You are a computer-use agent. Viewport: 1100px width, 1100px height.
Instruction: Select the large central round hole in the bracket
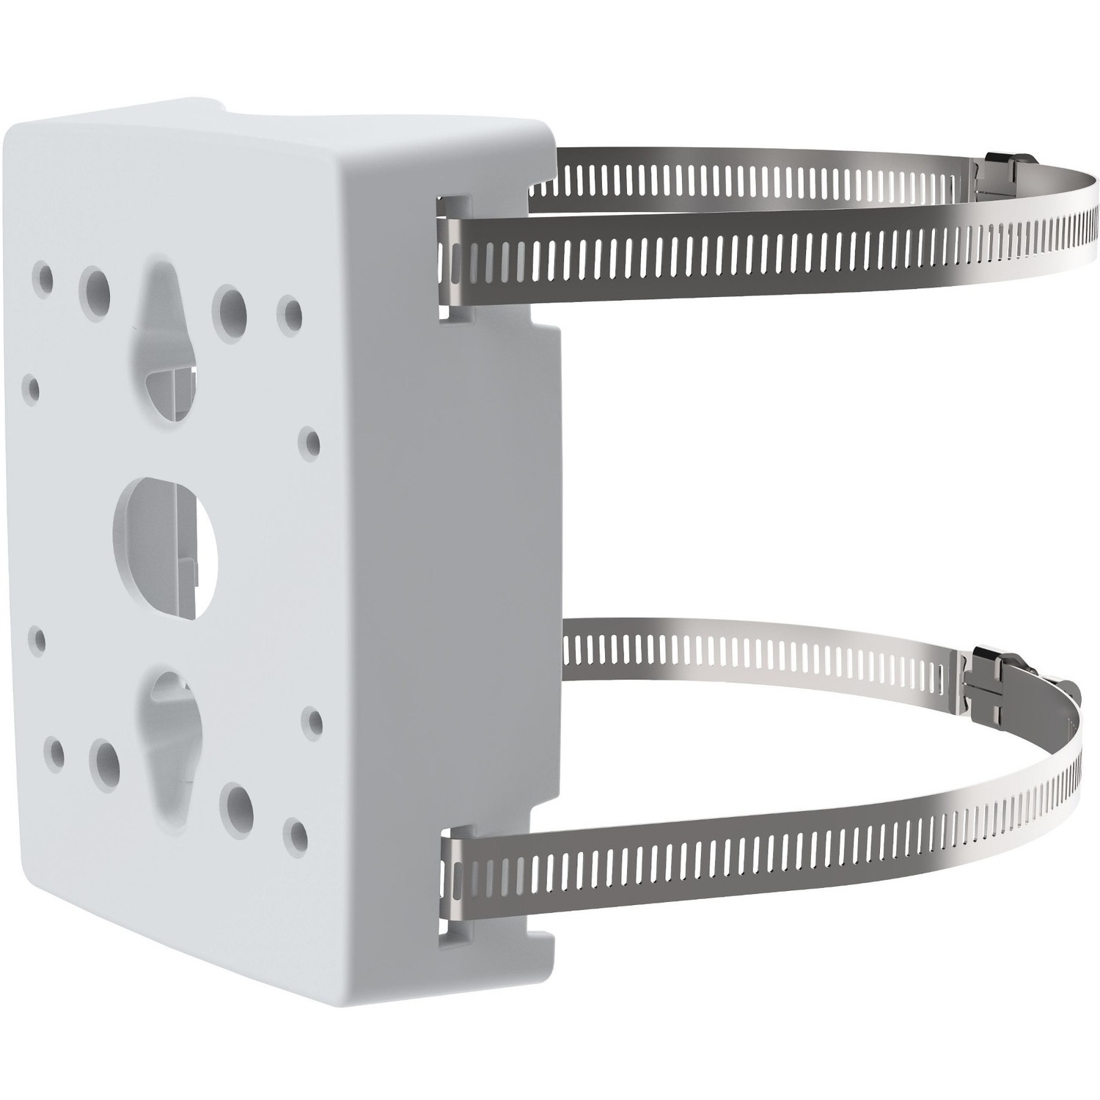click(166, 530)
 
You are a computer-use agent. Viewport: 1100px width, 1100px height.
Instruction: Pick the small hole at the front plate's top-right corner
click(290, 314)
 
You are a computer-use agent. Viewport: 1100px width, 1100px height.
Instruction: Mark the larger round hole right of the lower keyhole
click(239, 804)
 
